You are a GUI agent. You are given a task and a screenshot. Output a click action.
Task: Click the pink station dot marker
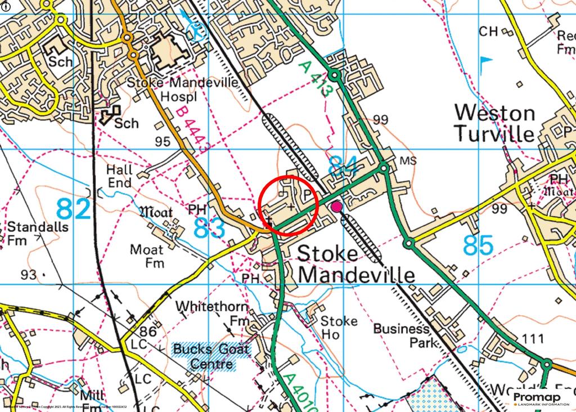(x=336, y=207)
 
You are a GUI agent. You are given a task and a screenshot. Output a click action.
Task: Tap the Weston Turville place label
(x=494, y=123)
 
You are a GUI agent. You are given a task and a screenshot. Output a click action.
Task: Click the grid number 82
(x=74, y=210)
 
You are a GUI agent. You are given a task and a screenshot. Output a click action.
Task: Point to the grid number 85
(x=478, y=245)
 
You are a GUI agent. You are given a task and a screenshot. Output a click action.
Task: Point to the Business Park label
(x=401, y=335)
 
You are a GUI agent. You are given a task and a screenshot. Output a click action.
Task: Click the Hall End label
(x=119, y=176)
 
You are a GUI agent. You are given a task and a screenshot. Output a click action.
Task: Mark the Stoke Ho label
(x=339, y=328)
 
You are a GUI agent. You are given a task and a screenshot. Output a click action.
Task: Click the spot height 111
(x=533, y=339)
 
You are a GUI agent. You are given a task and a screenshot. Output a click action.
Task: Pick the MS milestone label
(x=407, y=160)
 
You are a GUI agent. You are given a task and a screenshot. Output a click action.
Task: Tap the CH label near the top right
(x=488, y=32)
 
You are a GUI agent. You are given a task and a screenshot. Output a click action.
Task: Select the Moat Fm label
(x=147, y=256)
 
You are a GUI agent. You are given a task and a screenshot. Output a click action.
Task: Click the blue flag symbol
(x=485, y=60)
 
